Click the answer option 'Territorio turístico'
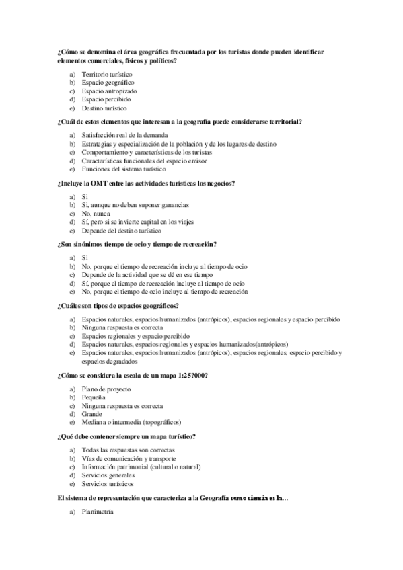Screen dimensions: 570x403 [107, 73]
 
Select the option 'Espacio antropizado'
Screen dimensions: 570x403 [109, 91]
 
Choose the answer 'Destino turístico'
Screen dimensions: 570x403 [104, 108]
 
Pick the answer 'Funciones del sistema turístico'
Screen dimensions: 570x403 [124, 169]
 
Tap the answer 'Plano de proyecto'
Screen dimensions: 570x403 [106, 389]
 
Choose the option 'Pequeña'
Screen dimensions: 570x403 [94, 397]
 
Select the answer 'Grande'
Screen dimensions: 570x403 [92, 414]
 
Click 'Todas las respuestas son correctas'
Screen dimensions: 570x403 [128, 450]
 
